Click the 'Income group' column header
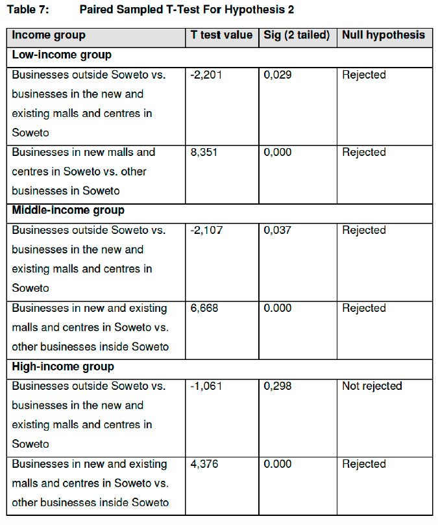pyautogui.click(x=49, y=35)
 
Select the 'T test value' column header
pyautogui.click(x=221, y=35)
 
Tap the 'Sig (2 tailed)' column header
pyautogui.click(x=296, y=35)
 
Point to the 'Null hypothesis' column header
pyautogui.click(x=383, y=35)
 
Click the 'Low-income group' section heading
pyautogui.click(x=62, y=55)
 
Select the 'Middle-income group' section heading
pyautogui.click(x=68, y=211)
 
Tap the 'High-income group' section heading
pyautogui.click(x=64, y=366)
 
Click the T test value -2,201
pyautogui.click(x=206, y=75)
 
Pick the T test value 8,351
pyautogui.click(x=204, y=153)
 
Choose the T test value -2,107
pyautogui.click(x=206, y=231)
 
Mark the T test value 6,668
pyautogui.click(x=204, y=308)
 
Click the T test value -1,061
pyautogui.click(x=206, y=386)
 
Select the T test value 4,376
pyautogui.click(x=204, y=464)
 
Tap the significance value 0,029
pyautogui.click(x=278, y=75)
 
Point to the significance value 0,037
pyautogui.click(x=278, y=231)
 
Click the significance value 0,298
pyautogui.click(x=278, y=386)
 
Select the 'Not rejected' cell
pyautogui.click(x=372, y=386)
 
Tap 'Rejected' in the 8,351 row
pyautogui.click(x=364, y=153)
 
